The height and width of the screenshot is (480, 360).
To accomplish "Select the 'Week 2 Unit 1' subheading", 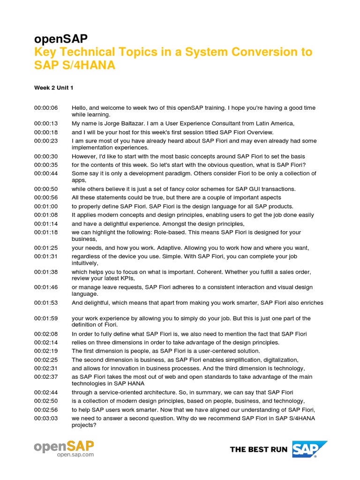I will [53, 88].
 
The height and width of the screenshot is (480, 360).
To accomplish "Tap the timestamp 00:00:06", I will [46, 108].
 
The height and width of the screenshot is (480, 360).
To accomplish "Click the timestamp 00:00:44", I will [46, 173].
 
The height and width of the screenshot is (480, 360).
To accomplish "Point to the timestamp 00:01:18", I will [46, 232].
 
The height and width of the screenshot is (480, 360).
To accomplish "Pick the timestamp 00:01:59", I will [46, 318].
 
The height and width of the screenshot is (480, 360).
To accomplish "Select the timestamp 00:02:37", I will [46, 377].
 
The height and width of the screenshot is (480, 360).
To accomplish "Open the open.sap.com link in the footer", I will [75, 455].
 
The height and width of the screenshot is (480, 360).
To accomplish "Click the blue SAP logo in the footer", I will [309, 449].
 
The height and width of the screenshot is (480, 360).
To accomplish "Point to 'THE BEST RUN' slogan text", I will [259, 450].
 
